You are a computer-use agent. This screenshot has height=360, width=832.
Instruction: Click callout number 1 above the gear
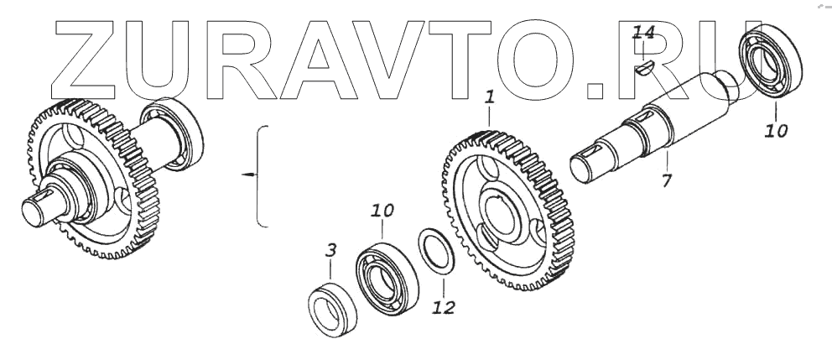[489, 98]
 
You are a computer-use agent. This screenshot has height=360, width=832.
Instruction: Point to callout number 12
[443, 307]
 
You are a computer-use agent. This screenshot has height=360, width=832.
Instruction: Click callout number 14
[643, 34]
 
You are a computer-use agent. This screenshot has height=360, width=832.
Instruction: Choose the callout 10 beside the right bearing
[776, 131]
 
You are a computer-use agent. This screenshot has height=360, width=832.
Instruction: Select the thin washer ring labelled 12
[439, 249]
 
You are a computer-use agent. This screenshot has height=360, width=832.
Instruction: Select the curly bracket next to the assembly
[262, 175]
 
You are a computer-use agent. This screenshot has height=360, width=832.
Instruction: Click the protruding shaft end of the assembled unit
[39, 208]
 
